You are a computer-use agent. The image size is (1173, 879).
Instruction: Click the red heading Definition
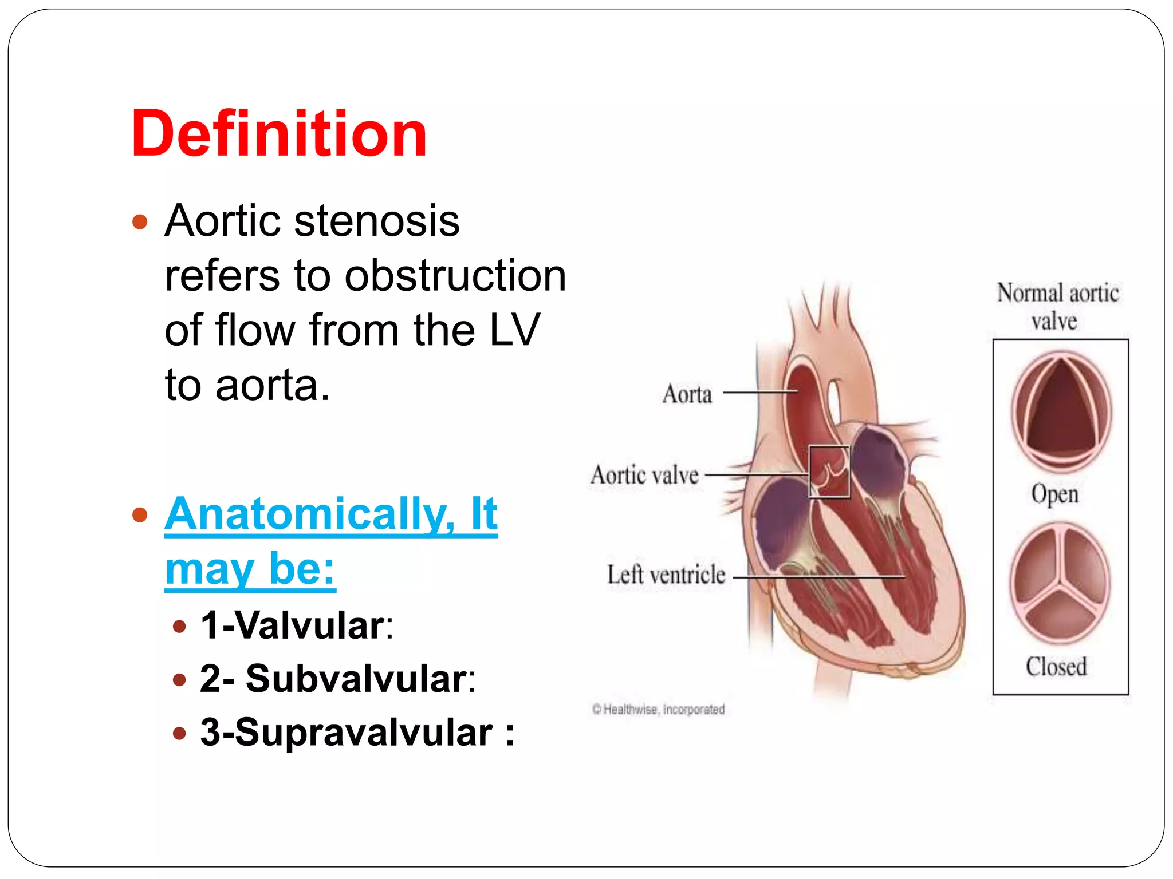(279, 134)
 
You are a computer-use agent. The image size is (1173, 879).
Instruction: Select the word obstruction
(455, 276)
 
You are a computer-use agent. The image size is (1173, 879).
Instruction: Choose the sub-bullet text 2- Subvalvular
(337, 679)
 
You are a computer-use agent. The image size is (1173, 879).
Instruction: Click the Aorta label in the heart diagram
(687, 394)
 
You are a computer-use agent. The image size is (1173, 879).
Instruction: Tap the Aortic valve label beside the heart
(644, 475)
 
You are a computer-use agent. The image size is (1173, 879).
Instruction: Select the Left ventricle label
(666, 575)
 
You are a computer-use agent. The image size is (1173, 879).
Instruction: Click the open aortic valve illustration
(1061, 411)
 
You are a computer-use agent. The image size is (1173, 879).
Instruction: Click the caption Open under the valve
(1055, 494)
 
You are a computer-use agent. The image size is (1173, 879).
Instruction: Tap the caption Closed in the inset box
(1056, 667)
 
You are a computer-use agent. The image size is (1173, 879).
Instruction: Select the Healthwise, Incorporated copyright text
(659, 710)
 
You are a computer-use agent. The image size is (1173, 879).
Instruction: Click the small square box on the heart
(829, 471)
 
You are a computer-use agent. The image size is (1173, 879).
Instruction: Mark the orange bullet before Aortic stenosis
(140, 221)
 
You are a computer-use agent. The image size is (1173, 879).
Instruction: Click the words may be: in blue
(250, 569)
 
